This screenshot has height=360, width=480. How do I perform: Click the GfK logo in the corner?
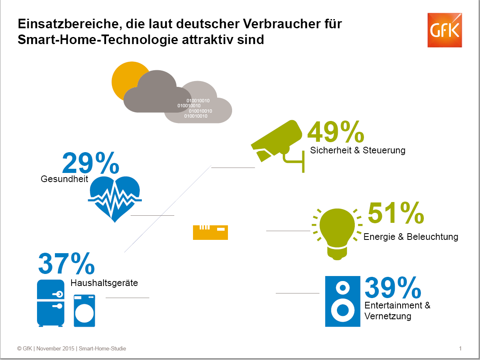[x=445, y=30]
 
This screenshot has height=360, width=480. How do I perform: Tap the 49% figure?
[x=335, y=132]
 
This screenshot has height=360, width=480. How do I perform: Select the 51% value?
[x=396, y=214]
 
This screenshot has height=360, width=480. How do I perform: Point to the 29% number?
[x=90, y=163]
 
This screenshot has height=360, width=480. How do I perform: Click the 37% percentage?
[x=66, y=264]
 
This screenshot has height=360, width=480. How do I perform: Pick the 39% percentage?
[x=393, y=288]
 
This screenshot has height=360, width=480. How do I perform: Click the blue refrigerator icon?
[x=51, y=303]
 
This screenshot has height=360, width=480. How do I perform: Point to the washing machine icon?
[x=84, y=311]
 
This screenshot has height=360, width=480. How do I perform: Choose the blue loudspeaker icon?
[x=342, y=301]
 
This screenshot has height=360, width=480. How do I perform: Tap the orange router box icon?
[x=210, y=232]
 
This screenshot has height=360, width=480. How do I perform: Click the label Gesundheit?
[x=64, y=179]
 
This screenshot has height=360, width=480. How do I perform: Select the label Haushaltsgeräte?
[x=104, y=284]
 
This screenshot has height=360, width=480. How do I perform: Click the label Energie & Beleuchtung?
[x=411, y=237]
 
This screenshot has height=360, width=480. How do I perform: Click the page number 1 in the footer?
[x=460, y=348]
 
